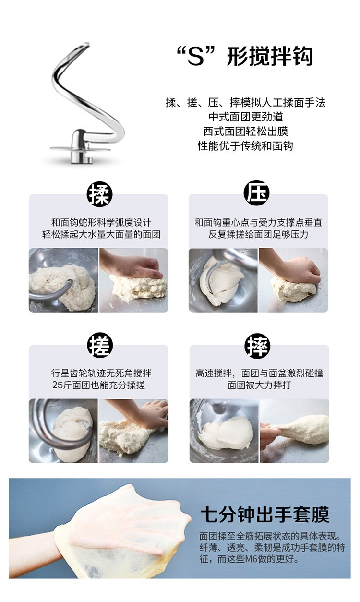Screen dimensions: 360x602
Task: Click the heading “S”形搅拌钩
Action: pyautogui.click(x=245, y=57)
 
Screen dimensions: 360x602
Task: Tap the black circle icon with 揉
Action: pyautogui.click(x=99, y=194)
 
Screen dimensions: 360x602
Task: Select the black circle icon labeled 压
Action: pyautogui.click(x=257, y=193)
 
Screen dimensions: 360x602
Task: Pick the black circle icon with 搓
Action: pyautogui.click(x=100, y=345)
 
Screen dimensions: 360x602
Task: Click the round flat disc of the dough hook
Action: pyautogui.click(x=80, y=148)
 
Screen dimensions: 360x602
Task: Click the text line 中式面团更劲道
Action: pyautogui.click(x=246, y=117)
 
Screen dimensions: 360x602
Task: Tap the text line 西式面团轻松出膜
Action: pyautogui.click(x=246, y=132)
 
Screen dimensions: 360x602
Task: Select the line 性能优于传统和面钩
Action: pyautogui.click(x=245, y=146)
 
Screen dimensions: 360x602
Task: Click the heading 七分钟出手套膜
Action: pyautogui.click(x=265, y=515)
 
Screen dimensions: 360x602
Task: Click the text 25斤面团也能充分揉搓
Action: pyautogui.click(x=98, y=385)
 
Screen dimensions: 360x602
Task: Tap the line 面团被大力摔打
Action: pyautogui.click(x=259, y=385)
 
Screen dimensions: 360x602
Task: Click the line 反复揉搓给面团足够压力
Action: pyautogui.click(x=258, y=235)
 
